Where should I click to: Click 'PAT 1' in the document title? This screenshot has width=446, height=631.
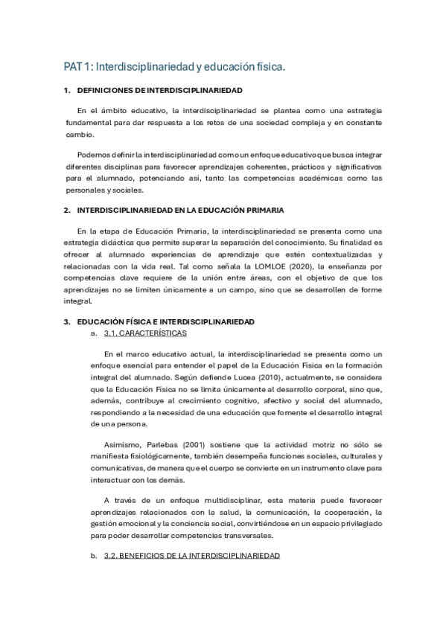coord(77,68)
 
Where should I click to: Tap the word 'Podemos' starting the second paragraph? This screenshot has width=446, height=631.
coord(92,154)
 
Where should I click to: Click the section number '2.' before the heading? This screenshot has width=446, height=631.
coord(67,211)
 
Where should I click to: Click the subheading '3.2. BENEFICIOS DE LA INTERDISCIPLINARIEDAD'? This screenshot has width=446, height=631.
coord(191,556)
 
